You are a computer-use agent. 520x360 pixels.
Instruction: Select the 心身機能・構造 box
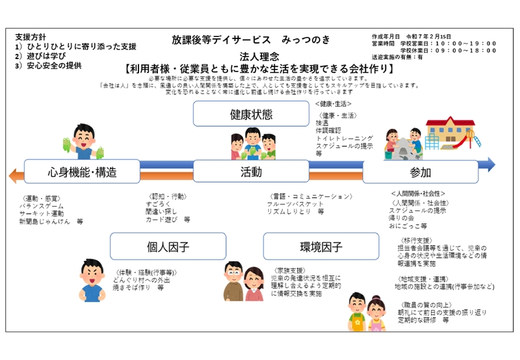click(x=82, y=172)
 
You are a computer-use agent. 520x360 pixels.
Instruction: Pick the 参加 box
click(x=420, y=172)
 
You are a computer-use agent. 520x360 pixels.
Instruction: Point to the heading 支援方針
click(x=31, y=36)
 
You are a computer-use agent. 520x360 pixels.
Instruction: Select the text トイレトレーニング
click(x=344, y=138)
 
